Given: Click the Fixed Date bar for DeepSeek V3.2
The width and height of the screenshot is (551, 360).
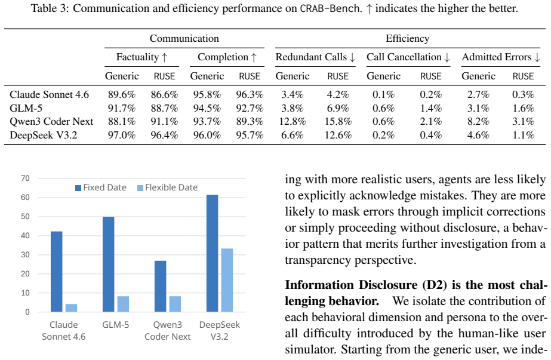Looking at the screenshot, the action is [213, 253].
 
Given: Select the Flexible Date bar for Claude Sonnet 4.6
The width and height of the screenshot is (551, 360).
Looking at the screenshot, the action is [71, 308].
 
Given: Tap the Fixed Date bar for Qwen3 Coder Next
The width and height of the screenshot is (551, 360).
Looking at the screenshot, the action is [160, 286].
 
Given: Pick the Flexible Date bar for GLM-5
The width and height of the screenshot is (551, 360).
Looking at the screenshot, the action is [123, 304].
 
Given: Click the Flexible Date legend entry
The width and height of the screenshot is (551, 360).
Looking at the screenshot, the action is [167, 187].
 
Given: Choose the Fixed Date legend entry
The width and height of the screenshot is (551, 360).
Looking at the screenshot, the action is [101, 187].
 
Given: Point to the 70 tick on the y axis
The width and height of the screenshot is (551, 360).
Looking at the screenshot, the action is [25, 179].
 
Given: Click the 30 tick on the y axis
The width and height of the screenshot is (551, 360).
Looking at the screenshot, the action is [25, 254].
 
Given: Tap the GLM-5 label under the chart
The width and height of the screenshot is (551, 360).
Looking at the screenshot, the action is [116, 325].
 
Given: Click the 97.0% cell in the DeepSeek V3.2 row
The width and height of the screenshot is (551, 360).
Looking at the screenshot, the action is [122, 136].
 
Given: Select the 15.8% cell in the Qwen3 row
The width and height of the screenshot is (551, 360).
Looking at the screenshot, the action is [338, 122].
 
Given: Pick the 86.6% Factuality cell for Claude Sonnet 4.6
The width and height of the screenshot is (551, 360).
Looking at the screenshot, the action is [164, 94].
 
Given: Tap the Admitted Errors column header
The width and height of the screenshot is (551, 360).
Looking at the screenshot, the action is [501, 57].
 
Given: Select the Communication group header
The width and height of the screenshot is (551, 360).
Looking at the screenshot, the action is [184, 38].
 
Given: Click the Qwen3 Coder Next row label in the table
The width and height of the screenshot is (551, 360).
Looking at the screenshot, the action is [51, 122].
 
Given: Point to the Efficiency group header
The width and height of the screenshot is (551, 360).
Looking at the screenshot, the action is [408, 38].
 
